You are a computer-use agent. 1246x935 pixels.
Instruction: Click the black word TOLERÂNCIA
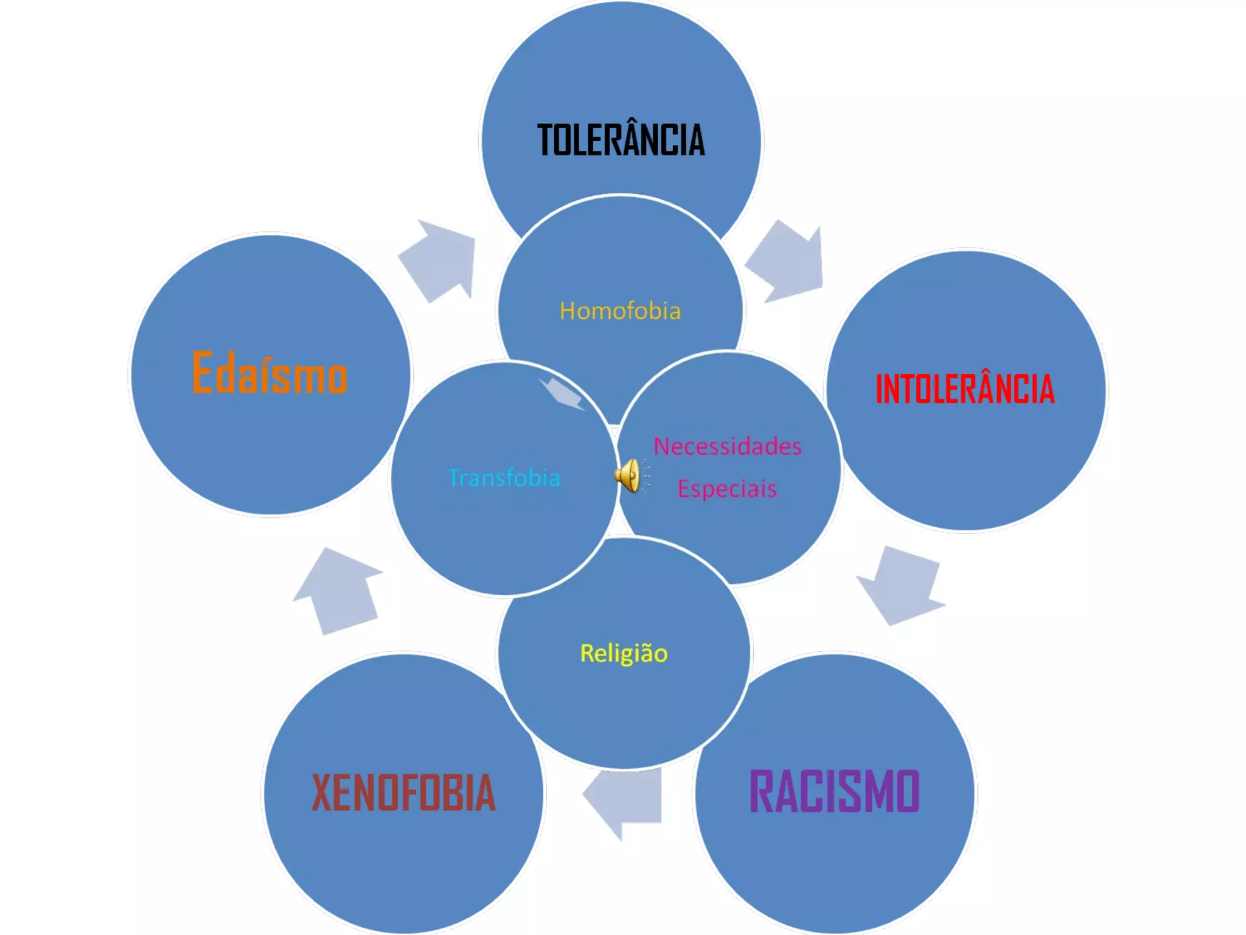click(x=621, y=141)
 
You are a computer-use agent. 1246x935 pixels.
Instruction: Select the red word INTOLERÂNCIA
click(x=965, y=390)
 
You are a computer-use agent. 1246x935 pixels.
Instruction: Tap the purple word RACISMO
click(x=834, y=791)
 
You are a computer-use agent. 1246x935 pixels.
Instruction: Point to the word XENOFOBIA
click(x=403, y=793)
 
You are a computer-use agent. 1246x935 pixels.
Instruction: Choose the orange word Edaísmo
click(x=270, y=373)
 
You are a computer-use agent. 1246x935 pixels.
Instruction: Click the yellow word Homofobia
click(x=620, y=311)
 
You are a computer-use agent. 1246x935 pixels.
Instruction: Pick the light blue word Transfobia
click(x=504, y=478)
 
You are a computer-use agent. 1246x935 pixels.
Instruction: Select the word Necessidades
click(x=728, y=446)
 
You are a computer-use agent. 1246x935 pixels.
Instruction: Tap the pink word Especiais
click(x=727, y=489)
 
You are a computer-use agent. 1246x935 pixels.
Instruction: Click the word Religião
click(x=624, y=653)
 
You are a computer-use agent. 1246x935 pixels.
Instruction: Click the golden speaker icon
click(x=629, y=475)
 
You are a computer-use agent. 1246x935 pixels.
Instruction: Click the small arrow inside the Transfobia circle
click(x=563, y=393)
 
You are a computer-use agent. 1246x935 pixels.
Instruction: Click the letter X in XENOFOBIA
click(x=323, y=793)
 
